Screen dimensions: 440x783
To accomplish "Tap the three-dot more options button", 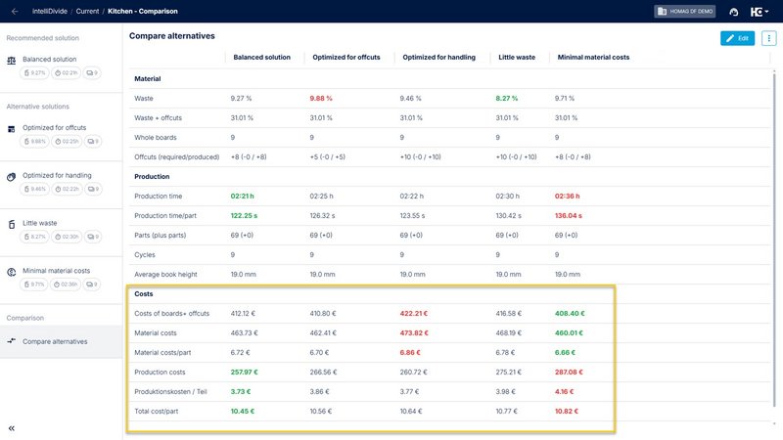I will [x=768, y=38].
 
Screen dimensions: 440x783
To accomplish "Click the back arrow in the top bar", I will [x=14, y=11].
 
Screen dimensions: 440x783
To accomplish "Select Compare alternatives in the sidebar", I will [x=55, y=341].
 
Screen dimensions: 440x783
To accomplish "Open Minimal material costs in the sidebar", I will [x=56, y=271].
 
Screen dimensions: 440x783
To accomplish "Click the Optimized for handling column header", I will [x=438, y=57].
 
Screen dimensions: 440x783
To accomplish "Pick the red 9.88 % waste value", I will [x=325, y=99].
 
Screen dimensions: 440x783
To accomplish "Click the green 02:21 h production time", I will [x=243, y=197].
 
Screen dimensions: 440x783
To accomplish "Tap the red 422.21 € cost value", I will [x=417, y=313].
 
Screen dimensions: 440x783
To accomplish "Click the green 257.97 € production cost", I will [x=247, y=372].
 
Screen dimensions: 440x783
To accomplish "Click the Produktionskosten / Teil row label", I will [x=170, y=391].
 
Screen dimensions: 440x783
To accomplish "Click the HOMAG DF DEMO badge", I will [x=685, y=12].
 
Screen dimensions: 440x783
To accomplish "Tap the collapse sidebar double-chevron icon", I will [x=12, y=428].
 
